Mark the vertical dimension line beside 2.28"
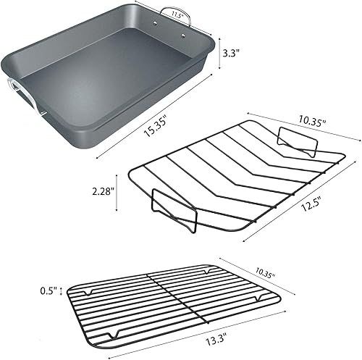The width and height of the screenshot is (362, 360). (x=116, y=193)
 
